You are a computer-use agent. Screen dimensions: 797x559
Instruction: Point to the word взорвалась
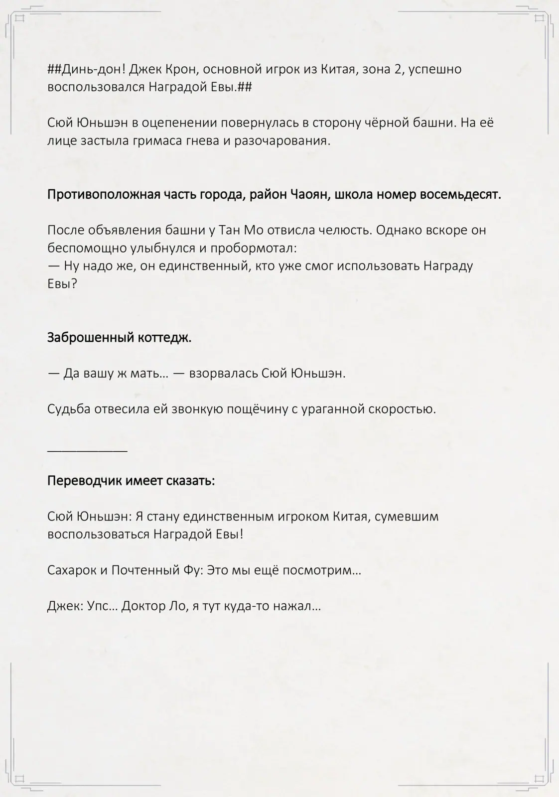(x=223, y=373)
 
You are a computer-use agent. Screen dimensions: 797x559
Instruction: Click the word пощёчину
(x=257, y=409)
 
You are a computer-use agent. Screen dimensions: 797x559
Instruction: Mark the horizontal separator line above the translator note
(x=87, y=451)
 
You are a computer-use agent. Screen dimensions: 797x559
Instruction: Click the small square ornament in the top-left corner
(x=20, y=19)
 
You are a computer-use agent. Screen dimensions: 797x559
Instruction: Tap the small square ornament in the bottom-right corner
(x=539, y=778)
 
